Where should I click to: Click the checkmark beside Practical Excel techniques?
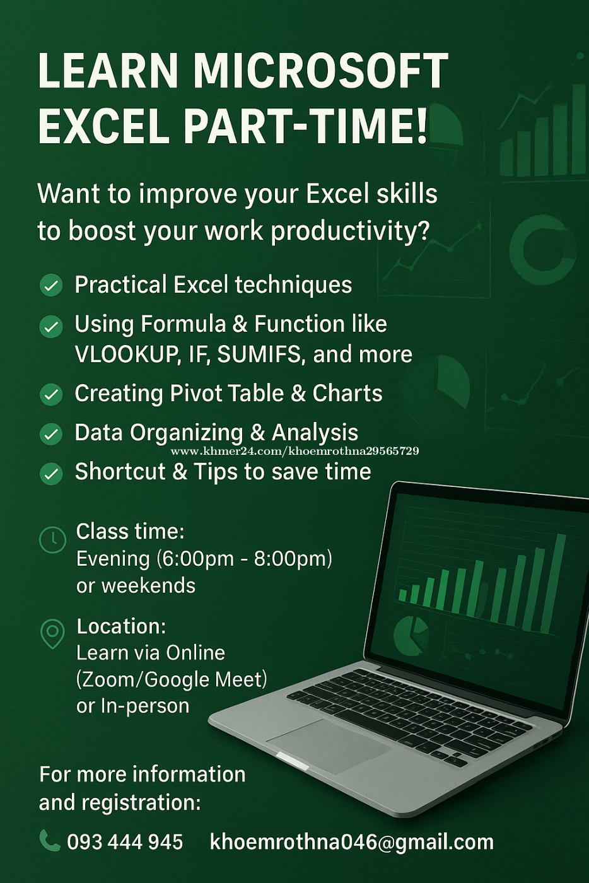[x=51, y=285]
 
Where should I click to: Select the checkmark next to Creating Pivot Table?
[x=51, y=394]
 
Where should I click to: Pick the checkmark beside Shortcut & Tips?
[x=51, y=474]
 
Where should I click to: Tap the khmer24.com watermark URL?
[x=294, y=451]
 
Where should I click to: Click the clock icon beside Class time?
[x=52, y=539]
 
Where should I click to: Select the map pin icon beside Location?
[x=52, y=634]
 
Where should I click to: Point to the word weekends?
[x=149, y=585]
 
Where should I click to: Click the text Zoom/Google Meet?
[x=172, y=680]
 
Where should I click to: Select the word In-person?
[x=145, y=706]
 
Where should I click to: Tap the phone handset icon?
[x=50, y=841]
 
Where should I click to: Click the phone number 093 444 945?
[x=125, y=841]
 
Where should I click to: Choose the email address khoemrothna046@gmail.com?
[x=352, y=842]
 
